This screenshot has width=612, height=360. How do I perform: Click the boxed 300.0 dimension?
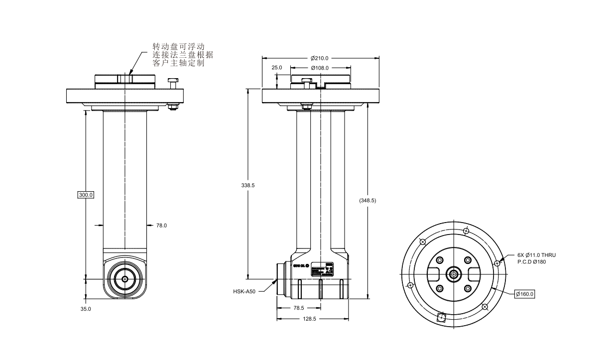tap(86, 194)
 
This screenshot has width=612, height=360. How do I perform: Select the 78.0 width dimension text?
tap(161, 226)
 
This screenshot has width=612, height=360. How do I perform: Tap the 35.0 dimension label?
tap(86, 309)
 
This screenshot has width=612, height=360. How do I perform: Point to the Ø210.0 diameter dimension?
tap(320, 58)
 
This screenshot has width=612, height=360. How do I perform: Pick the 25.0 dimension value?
tap(276, 68)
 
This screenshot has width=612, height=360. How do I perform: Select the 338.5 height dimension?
tap(247, 185)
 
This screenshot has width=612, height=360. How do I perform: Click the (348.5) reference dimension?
tap(367, 200)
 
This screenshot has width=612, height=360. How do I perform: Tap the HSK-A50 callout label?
tap(244, 292)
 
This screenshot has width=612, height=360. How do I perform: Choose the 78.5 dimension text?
tap(298, 308)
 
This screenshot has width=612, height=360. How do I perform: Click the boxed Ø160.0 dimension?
tap(524, 294)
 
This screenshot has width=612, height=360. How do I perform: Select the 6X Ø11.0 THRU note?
tap(536, 255)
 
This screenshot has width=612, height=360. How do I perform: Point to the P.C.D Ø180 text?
tap(532, 261)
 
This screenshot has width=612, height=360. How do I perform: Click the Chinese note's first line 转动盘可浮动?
tap(178, 47)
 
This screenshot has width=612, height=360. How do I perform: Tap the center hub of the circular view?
tap(454, 273)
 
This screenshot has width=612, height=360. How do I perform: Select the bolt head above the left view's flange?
tap(173, 80)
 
